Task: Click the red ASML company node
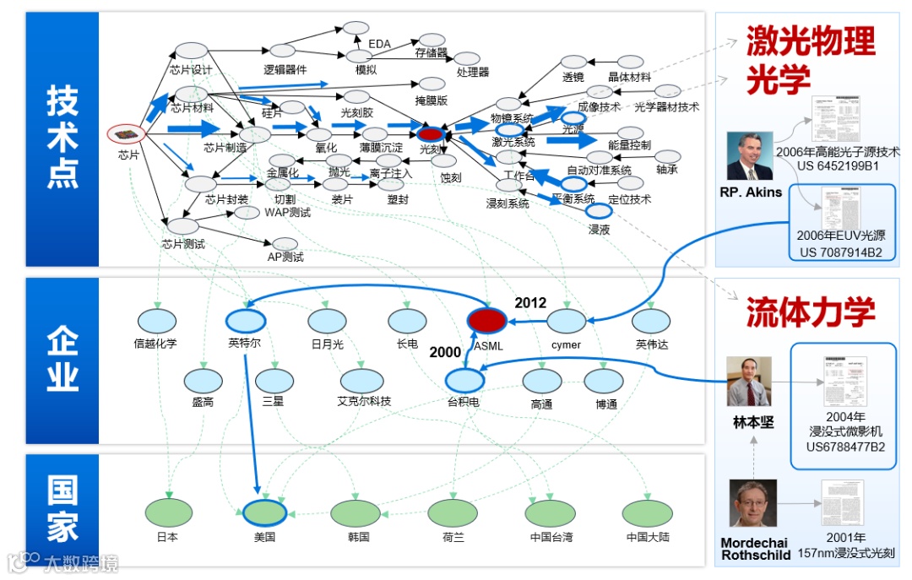point(487,321)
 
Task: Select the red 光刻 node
point(431,133)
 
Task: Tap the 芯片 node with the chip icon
point(127,134)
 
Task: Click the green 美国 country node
point(266,513)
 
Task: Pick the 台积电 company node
point(463,381)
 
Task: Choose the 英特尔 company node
point(247,321)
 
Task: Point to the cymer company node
point(566,322)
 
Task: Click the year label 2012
point(530,302)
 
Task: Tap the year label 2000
point(445,351)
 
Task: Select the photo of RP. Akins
point(750,156)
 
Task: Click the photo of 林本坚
point(749,381)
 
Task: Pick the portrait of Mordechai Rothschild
point(752,503)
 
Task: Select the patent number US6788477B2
point(845,447)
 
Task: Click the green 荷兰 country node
point(453,513)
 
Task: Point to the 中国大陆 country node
point(648,513)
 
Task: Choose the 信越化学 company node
point(156,322)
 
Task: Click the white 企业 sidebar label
point(62,361)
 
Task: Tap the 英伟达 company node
point(651,322)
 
